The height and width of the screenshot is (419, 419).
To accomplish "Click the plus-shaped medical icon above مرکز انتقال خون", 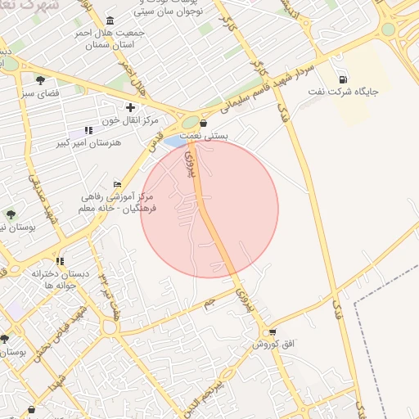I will (x=130, y=107).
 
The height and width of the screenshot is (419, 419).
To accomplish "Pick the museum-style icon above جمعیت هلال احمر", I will (x=111, y=20).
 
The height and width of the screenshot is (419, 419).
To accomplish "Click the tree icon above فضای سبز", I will (x=40, y=80).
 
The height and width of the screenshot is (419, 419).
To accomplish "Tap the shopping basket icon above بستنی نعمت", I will (x=203, y=124).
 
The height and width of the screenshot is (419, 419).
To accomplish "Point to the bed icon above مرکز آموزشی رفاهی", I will (x=118, y=184).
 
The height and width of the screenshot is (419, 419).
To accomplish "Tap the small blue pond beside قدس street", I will (x=174, y=142).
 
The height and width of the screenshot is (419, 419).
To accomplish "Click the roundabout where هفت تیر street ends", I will (x=109, y=328).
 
